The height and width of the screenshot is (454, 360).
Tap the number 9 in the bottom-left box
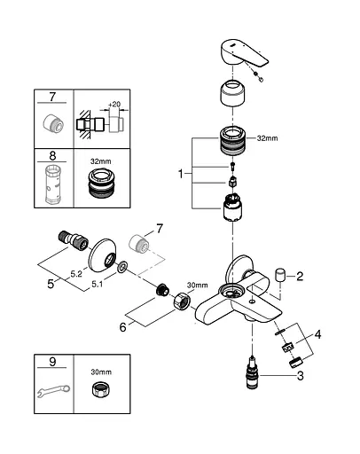(51, 361)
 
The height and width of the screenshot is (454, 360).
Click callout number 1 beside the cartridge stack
(183, 175)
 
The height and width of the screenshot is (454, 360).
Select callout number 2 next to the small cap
(300, 276)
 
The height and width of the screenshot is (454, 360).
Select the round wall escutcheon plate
(112, 254)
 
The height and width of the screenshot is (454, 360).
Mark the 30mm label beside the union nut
(196, 285)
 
